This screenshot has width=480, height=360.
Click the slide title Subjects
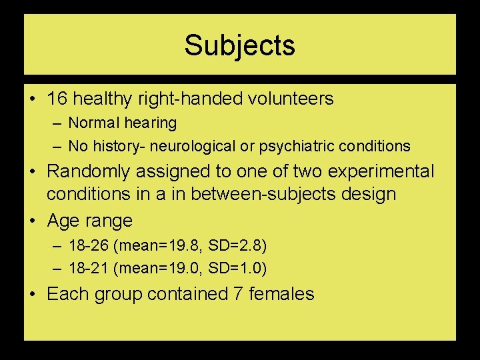pos(239,45)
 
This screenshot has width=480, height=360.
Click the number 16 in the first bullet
pos(57,99)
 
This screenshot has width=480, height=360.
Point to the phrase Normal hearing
pos(123,123)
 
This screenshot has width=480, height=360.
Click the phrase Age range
pos(89,220)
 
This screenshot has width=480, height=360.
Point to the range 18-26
pos(89,246)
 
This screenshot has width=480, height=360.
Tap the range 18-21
pos(89,269)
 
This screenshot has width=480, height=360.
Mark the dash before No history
pos(59,146)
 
